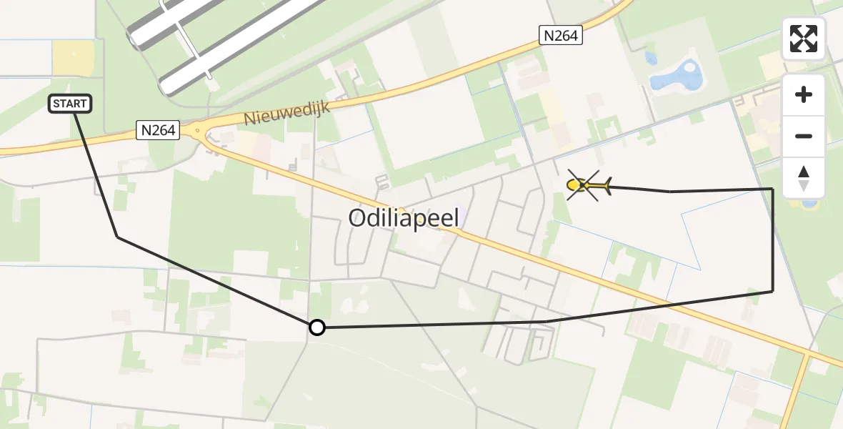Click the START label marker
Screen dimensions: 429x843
[x=70, y=104]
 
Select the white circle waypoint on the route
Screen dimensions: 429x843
[x=316, y=327]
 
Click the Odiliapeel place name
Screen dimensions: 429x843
[x=404, y=218]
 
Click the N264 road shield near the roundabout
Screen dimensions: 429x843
[x=156, y=129]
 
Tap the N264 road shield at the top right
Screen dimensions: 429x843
[x=560, y=35]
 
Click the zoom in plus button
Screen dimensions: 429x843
[x=804, y=94]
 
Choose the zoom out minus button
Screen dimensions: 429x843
[x=804, y=136]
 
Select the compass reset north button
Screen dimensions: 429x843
[x=804, y=177]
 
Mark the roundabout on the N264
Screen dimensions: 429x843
[x=197, y=131]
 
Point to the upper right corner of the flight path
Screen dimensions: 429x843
[x=772, y=189]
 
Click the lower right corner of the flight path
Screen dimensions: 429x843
[x=772, y=291]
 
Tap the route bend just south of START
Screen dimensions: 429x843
[x=117, y=237]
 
